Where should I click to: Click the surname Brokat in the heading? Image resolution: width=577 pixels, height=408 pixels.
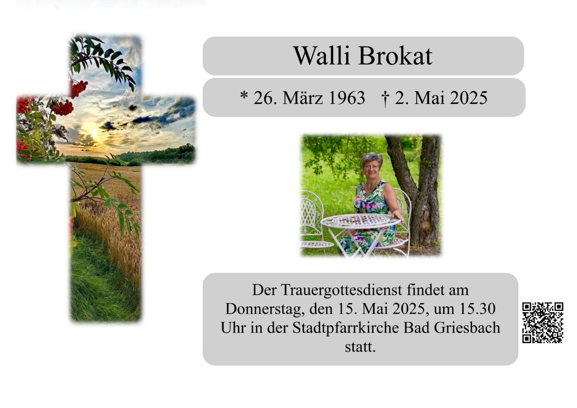[395, 56]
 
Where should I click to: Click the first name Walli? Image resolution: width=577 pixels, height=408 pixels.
[322, 56]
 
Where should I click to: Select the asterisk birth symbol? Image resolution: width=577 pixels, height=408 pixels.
[244, 96]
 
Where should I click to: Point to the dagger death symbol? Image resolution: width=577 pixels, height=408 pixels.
[385, 99]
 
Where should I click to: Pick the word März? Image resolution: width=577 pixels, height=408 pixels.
[299, 98]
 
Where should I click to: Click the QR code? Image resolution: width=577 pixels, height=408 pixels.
[542, 323]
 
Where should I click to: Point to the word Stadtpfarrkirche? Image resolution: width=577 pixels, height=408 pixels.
[346, 328]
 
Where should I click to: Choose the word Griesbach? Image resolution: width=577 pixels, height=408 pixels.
[467, 328]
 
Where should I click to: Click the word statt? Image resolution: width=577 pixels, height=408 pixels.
[360, 347]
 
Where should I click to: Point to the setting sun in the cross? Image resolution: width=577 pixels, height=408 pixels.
[94, 133]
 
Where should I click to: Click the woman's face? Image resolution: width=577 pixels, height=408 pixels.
[371, 169]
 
